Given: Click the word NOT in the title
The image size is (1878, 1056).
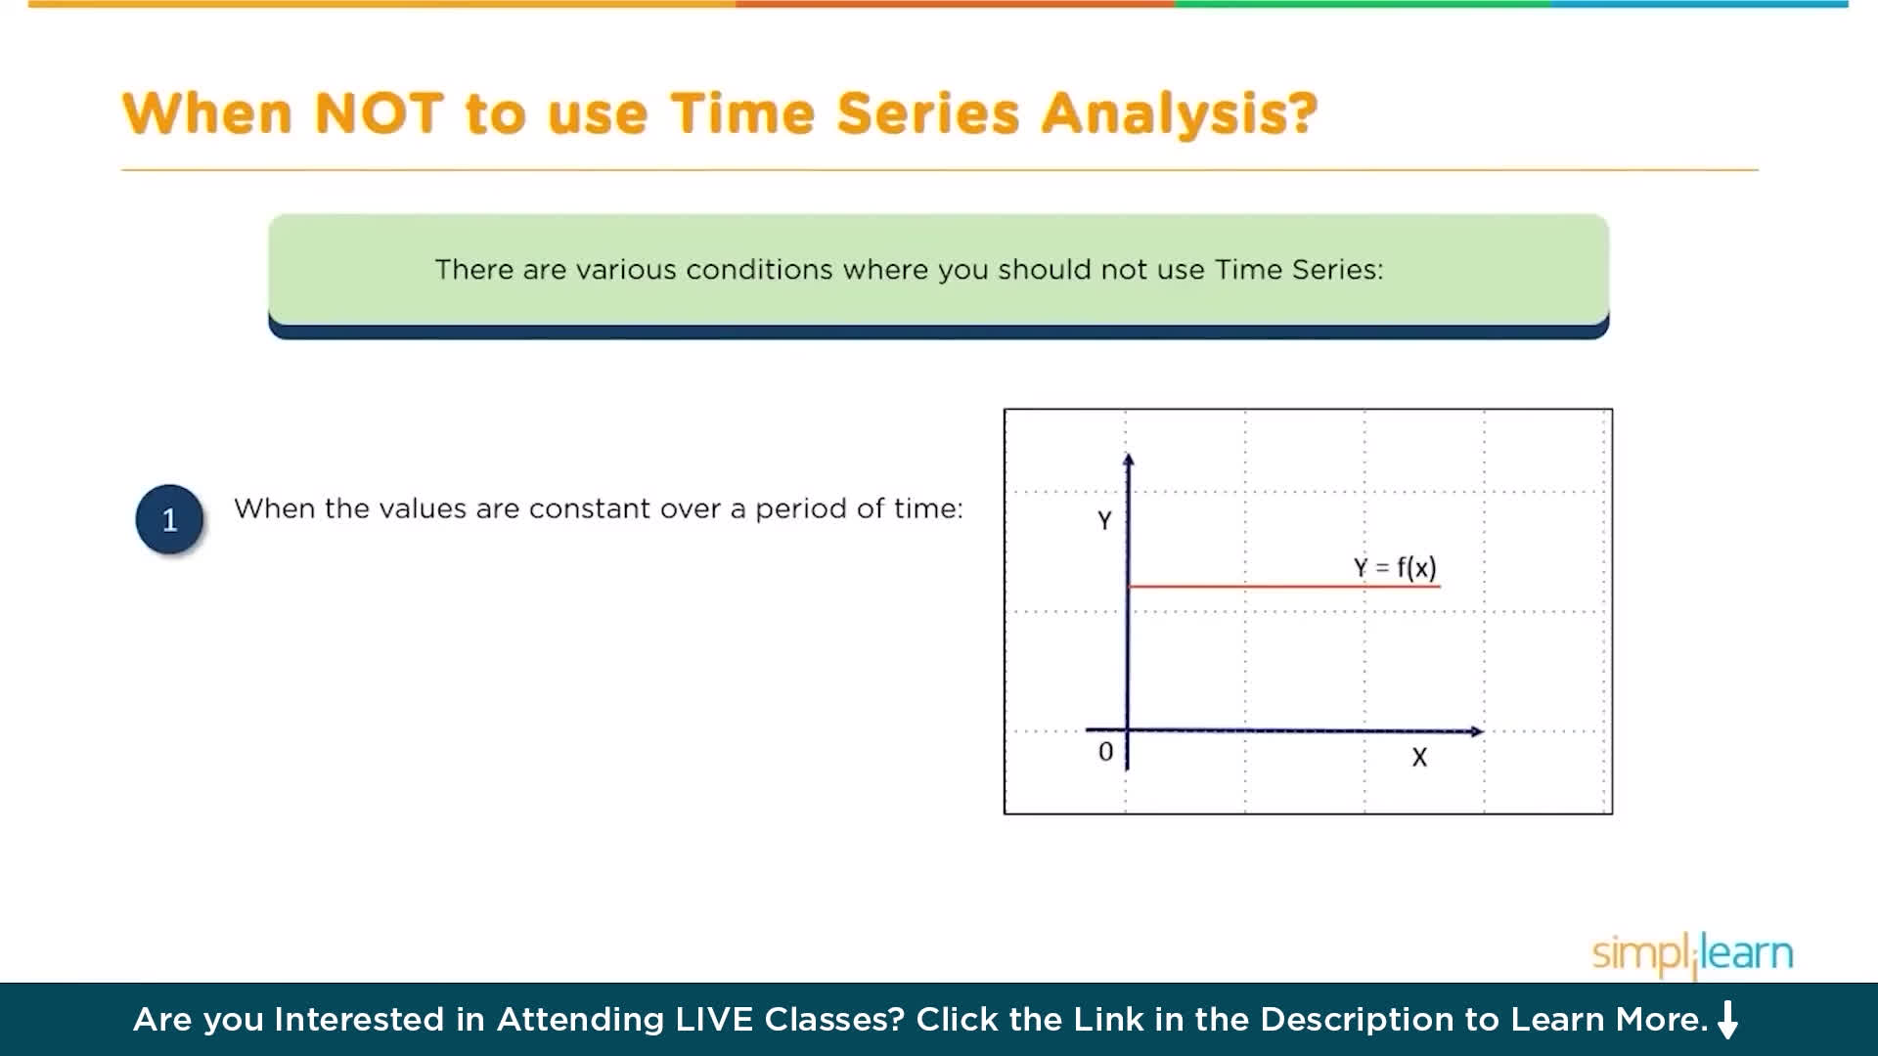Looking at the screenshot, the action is (x=380, y=113).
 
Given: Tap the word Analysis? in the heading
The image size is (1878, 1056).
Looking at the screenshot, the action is (x=1180, y=115).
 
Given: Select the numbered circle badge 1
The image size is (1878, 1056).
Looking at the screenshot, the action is (x=169, y=519).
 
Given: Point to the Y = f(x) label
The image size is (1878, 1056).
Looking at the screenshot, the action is (x=1395, y=568).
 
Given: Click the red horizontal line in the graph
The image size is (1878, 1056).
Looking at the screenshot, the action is (x=1284, y=587).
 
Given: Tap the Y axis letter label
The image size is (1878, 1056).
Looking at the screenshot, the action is (x=1104, y=520).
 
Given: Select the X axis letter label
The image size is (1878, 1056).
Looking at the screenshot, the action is (x=1419, y=757).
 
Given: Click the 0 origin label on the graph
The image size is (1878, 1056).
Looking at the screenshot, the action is (x=1105, y=752).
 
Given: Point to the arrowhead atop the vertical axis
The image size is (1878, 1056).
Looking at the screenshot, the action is (x=1129, y=459).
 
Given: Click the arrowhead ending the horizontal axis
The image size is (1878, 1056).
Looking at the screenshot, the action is (x=1477, y=731).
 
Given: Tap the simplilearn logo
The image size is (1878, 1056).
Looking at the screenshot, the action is (x=1692, y=953).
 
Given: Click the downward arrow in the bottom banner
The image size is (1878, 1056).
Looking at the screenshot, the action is (x=1728, y=1020).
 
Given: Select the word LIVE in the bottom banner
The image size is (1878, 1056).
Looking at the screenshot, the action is (x=715, y=1020).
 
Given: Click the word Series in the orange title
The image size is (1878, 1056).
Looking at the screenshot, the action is (x=927, y=113).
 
